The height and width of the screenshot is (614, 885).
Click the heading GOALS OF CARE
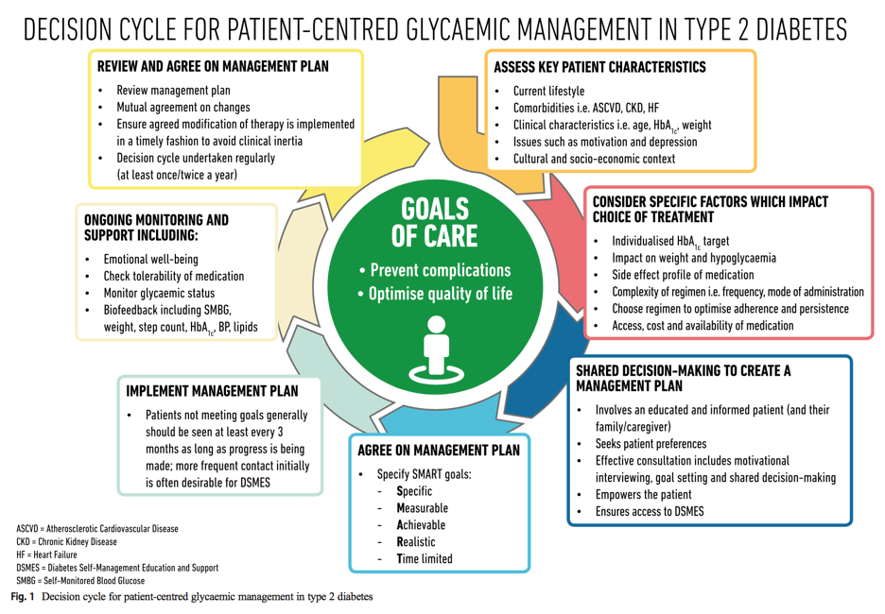click(x=435, y=223)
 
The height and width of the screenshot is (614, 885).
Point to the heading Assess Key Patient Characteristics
click(x=599, y=67)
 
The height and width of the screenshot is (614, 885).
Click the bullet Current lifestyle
click(x=548, y=92)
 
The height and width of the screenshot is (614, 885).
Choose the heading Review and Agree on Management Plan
click(x=213, y=66)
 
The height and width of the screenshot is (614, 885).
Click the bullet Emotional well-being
click(x=150, y=260)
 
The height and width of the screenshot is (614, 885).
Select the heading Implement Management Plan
click(x=212, y=391)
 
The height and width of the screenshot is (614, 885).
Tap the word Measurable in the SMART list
click(x=423, y=508)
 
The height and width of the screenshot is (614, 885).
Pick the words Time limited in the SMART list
click(x=425, y=559)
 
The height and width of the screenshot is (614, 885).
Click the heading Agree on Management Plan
click(x=439, y=451)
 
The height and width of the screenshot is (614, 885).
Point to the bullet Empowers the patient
click(x=644, y=494)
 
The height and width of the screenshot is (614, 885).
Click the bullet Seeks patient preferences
click(x=651, y=444)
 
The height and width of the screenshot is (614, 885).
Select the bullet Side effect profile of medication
click(x=683, y=275)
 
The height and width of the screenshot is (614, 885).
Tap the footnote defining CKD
click(x=66, y=542)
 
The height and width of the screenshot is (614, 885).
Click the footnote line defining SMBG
click(x=80, y=581)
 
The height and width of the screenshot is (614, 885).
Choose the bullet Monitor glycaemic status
click(x=159, y=293)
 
